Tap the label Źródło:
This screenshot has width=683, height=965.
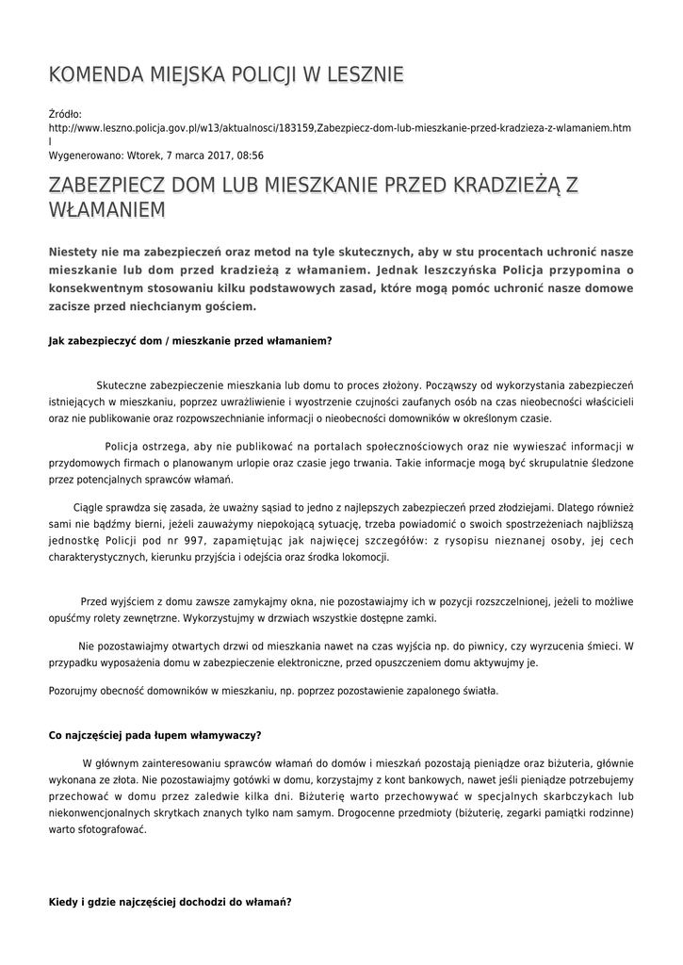coord(65,114)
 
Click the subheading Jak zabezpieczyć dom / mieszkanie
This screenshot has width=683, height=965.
coord(189,340)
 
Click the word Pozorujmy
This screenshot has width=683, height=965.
coord(73,691)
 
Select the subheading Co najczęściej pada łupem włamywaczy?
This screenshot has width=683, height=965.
coord(154,735)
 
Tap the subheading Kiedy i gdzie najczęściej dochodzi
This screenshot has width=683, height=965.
coord(170,902)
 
